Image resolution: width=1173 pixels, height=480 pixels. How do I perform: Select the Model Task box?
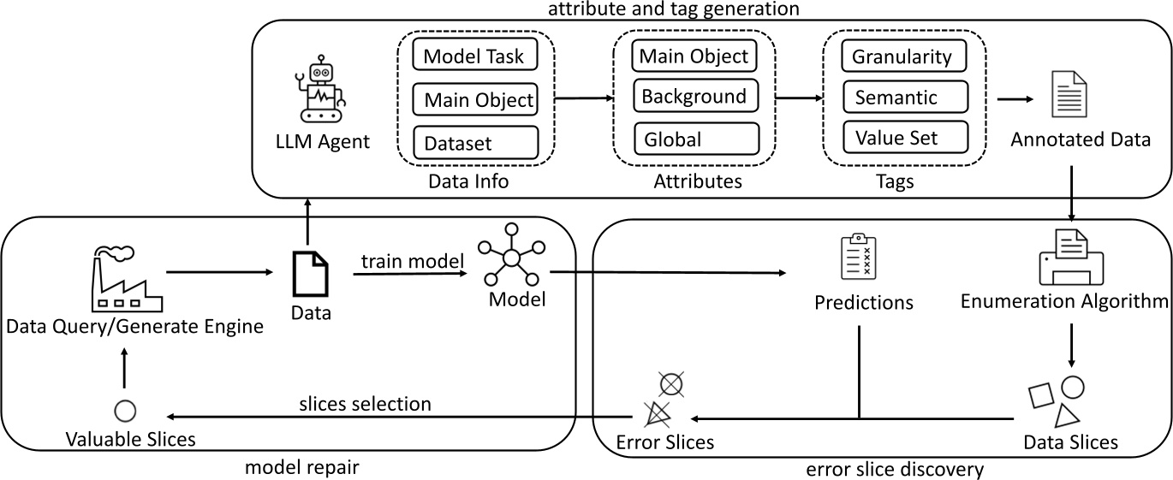pos(474,56)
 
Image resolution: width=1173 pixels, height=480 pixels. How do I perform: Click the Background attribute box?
pos(694,96)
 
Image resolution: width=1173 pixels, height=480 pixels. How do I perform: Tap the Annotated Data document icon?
pos(1068,97)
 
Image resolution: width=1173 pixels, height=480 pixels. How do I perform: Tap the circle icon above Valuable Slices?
pos(125,410)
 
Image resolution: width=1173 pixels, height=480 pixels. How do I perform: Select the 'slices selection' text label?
pos(365,402)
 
